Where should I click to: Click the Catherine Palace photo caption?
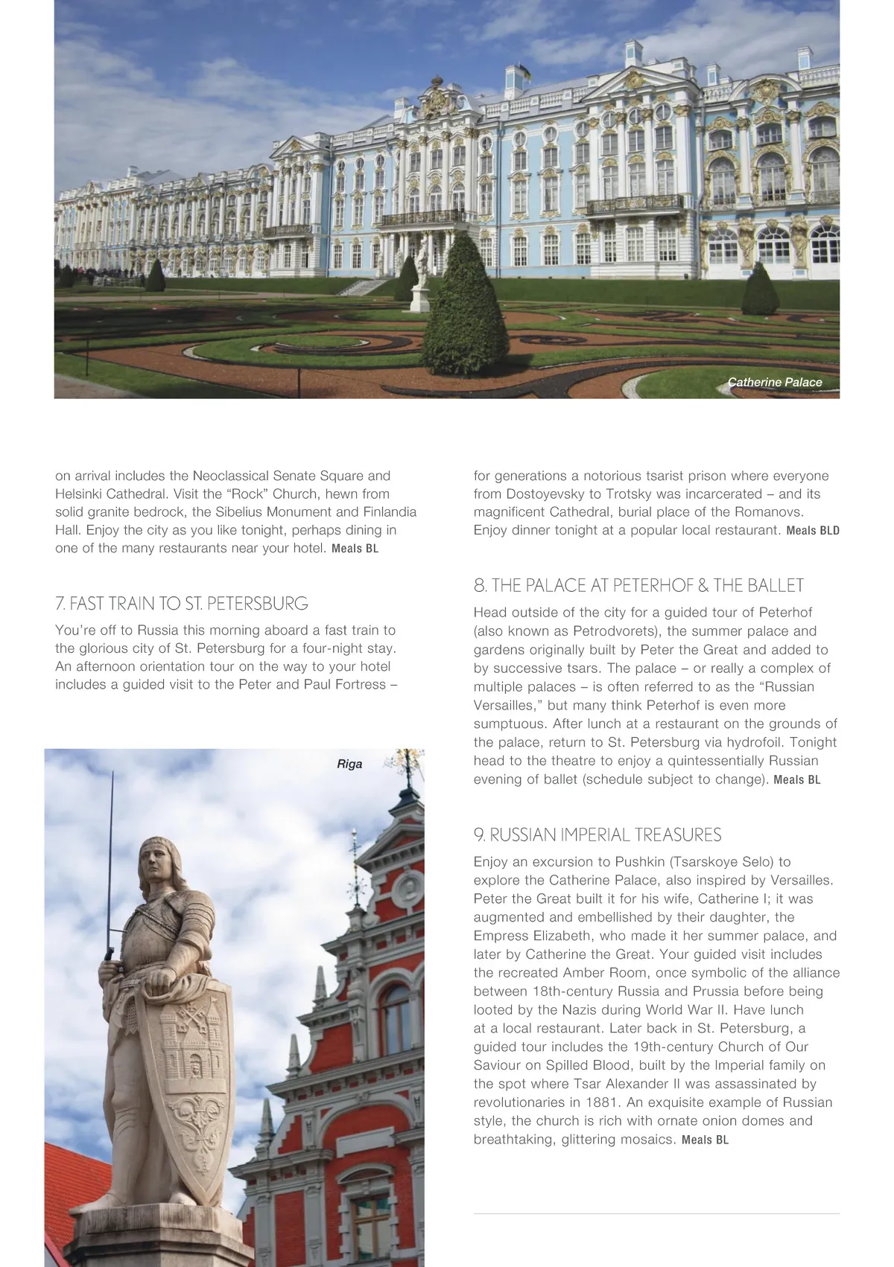point(775,382)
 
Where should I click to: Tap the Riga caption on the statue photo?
point(349,764)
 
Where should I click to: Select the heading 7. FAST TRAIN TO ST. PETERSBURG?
point(182,603)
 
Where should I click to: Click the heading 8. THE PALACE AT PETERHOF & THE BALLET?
point(638,585)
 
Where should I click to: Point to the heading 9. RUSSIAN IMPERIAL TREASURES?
point(597,834)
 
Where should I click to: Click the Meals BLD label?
point(813,531)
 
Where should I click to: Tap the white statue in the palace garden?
point(420,274)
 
